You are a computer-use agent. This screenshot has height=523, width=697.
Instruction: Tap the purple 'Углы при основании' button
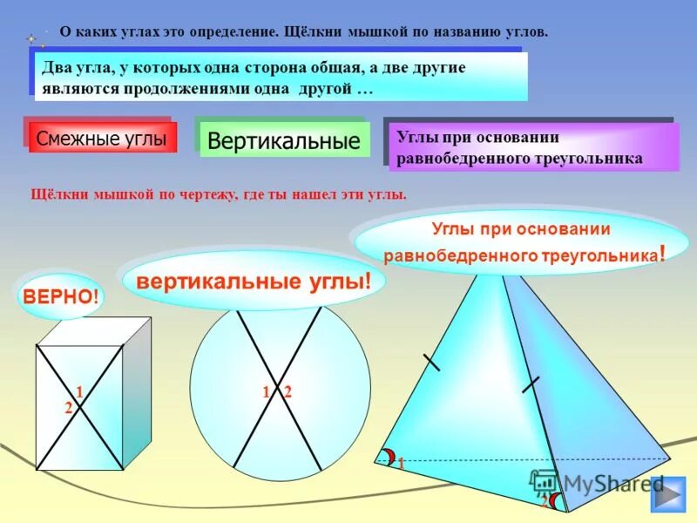point(531,146)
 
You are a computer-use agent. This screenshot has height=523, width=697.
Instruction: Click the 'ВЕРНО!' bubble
point(59,296)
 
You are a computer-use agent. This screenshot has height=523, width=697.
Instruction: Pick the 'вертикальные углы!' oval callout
point(253,281)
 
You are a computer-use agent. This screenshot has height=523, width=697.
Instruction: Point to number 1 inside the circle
point(265,392)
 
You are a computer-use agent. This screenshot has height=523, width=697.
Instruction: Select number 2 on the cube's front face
point(68,407)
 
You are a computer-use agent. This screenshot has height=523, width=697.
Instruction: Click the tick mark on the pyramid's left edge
point(430,360)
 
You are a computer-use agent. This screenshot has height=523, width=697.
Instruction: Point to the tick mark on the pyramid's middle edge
point(531,384)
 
